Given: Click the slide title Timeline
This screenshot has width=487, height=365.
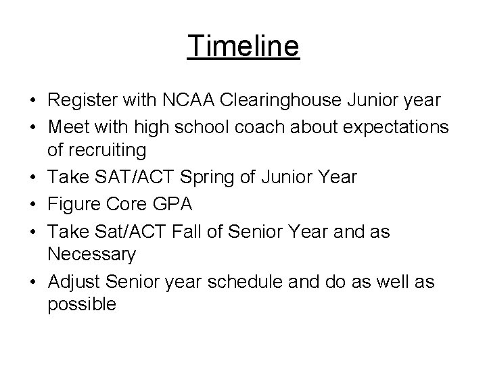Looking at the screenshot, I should pos(243,47).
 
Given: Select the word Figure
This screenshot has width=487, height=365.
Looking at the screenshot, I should pos(72,204).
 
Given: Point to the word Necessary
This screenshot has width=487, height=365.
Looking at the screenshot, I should pos(92,255).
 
